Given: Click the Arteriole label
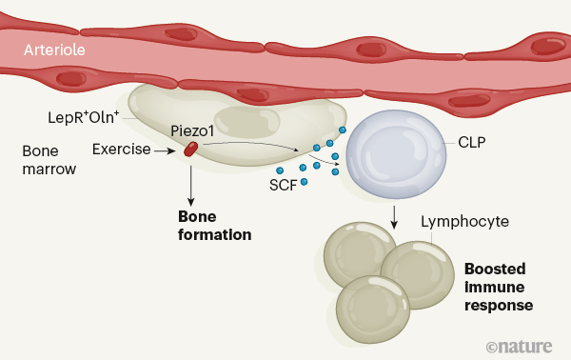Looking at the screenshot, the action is pos(54,50).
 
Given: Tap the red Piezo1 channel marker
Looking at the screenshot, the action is pos(191,150).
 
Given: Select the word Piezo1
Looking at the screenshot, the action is pos(192,131).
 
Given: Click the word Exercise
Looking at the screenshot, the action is pos(121,150).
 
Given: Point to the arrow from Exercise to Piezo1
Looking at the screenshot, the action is pos(165,150).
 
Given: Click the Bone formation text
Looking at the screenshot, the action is pos(214,226).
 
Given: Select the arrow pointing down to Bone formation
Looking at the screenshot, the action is pos(190,186).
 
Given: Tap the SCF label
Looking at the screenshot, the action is pos(283,185).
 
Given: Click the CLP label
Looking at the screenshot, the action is pos(472,143).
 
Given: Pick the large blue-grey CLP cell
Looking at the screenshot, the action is pos(396,154).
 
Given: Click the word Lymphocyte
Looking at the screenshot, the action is pos(464,222).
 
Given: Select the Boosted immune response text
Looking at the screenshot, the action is pos(499,287).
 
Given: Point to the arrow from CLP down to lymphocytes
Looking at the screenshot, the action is pos(394,217).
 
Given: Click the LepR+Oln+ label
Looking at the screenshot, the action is pos(84,117).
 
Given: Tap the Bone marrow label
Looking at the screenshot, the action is pos(49,160).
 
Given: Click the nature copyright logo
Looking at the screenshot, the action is pos(520,347).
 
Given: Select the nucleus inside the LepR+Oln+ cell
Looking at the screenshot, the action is pos(246,122).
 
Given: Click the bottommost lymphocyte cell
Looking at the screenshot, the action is pos(373,310).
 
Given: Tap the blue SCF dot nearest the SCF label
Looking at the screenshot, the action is pos(305,182).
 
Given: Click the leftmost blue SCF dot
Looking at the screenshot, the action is pos(280,170).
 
